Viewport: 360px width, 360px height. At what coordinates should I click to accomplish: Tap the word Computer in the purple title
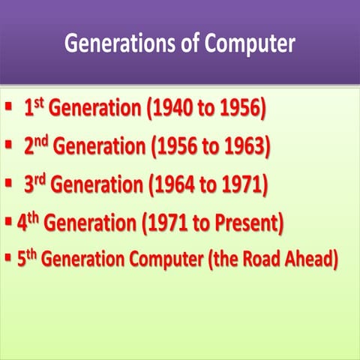pos(247,43)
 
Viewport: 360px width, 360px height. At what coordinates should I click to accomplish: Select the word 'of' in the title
pos(179,43)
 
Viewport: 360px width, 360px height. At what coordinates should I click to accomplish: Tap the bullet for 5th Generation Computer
pos(7,258)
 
